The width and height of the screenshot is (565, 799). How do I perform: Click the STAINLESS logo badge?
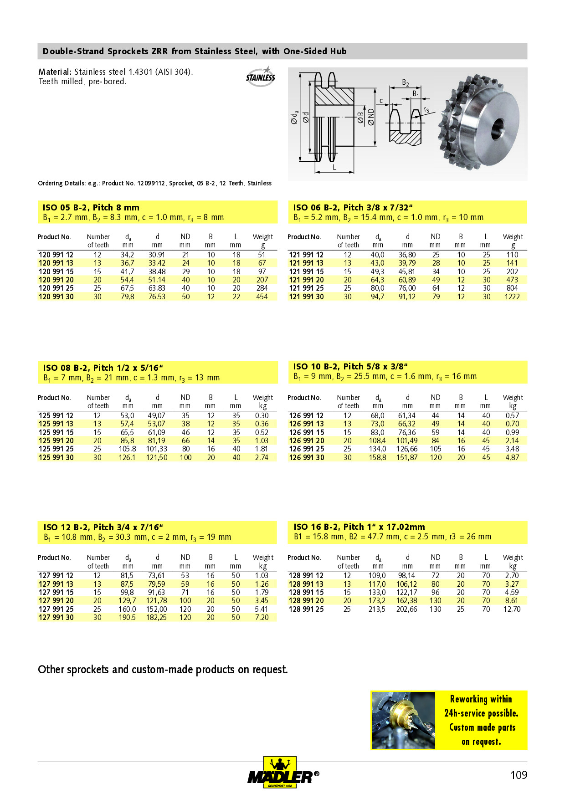point(261,77)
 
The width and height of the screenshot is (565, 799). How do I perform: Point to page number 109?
point(519,775)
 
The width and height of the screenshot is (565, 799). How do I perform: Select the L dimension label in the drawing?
point(334,167)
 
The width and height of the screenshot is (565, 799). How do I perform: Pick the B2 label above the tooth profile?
point(405,82)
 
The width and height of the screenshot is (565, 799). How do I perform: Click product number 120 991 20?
point(56,280)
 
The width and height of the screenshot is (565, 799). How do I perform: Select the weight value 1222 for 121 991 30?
point(512,297)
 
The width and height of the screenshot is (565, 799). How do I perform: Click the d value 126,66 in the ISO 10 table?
point(407,449)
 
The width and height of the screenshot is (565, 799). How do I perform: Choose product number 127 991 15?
point(56,592)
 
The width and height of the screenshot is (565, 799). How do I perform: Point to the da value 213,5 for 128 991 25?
point(377,609)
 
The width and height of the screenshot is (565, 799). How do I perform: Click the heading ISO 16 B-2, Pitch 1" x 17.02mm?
point(359,527)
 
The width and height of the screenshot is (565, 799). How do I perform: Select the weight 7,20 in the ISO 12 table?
point(262,617)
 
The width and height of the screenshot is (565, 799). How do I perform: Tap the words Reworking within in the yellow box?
point(481,699)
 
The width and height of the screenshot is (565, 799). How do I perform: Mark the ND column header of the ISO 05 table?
point(185,237)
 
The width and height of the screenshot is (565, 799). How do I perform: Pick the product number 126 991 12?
point(306,415)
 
